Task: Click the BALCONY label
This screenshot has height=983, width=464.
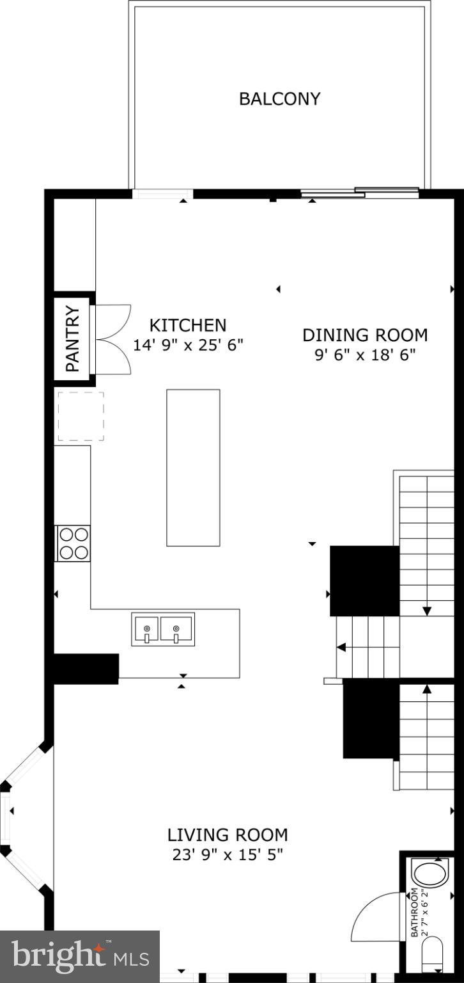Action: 279,99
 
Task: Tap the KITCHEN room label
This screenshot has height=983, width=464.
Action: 187,325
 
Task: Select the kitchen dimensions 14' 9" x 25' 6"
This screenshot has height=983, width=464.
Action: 188,344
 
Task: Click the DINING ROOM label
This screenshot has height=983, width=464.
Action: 364,335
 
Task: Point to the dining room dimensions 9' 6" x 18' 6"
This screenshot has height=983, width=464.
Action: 364,355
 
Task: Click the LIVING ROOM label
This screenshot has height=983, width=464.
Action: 228,835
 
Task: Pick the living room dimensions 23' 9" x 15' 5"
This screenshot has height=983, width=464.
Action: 228,854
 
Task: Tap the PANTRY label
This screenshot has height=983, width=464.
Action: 73,339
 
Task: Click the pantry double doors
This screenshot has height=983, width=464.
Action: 112,339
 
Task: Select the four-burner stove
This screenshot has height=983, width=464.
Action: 73,543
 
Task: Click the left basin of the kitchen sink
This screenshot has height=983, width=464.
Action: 146,630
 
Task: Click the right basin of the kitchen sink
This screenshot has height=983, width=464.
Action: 177,630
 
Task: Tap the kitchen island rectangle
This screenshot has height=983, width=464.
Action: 193,467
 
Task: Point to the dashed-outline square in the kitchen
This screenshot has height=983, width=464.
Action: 81,416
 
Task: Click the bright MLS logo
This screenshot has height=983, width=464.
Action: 80,957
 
